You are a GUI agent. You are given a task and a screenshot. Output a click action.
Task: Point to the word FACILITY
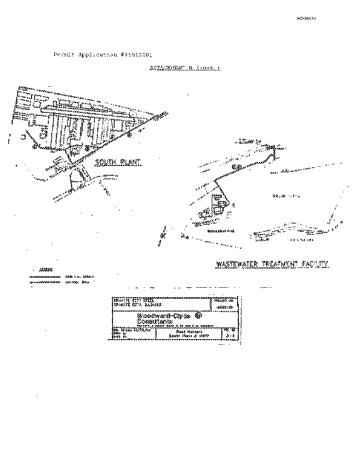tap(316, 264)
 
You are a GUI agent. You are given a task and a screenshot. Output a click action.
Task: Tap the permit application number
tap(136, 54)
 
